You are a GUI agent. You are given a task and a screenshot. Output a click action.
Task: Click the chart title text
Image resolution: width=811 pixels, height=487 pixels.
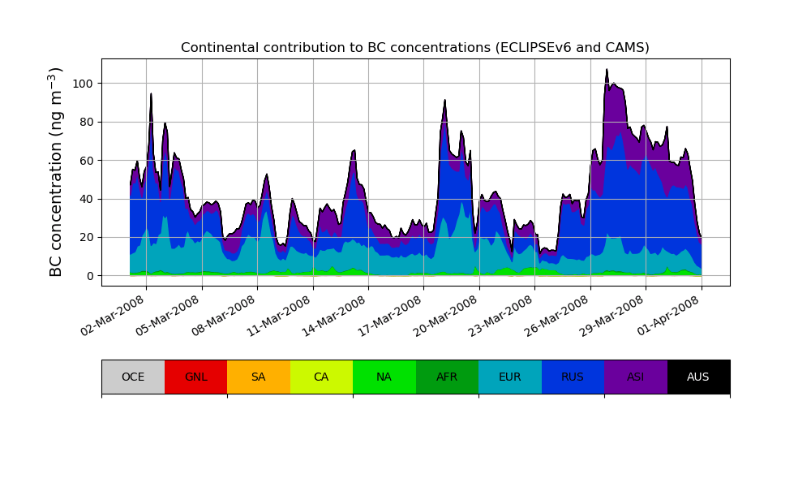414,48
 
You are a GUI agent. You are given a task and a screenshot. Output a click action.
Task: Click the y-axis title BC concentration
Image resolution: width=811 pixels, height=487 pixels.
56,172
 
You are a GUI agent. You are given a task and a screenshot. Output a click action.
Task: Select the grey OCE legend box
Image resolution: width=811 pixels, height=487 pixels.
133,377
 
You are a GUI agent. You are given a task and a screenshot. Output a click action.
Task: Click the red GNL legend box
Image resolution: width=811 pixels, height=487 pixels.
195,377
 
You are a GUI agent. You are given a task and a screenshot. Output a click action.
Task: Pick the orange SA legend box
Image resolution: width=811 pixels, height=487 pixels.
259,377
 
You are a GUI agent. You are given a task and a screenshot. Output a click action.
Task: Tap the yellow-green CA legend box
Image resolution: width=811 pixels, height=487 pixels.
321,377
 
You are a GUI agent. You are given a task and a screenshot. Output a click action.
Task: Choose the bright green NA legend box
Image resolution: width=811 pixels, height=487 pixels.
384,377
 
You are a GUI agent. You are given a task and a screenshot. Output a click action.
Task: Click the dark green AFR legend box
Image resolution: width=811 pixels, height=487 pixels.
447,377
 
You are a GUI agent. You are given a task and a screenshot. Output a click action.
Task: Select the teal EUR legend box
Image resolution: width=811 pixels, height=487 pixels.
510,377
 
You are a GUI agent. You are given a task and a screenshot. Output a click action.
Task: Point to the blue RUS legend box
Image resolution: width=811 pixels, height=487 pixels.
573,377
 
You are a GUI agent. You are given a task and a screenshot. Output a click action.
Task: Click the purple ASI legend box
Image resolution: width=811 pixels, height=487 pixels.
636,377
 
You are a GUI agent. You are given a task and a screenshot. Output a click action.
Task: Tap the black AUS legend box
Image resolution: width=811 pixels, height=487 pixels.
698,377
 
